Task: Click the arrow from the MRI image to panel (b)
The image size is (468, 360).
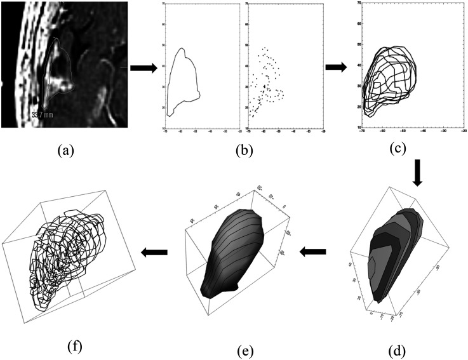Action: coord(143,67)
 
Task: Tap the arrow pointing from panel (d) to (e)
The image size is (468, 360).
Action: coord(314,252)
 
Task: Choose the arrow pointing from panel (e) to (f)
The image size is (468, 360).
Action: coord(154,252)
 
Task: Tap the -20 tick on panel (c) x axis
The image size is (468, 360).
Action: coord(464,133)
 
